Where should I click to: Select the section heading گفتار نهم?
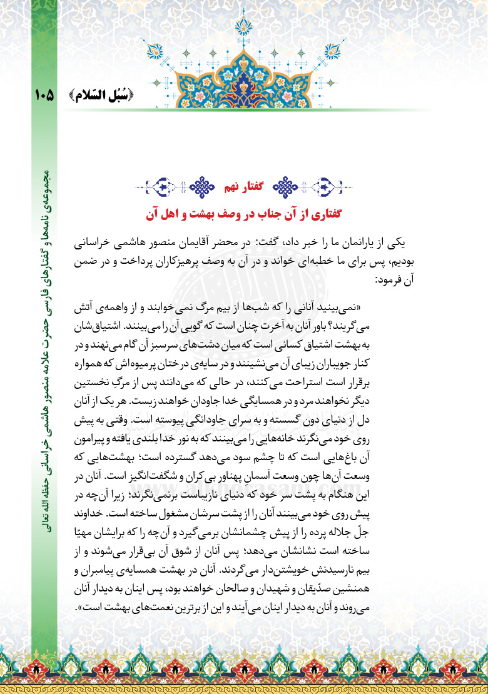coord(243,186)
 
